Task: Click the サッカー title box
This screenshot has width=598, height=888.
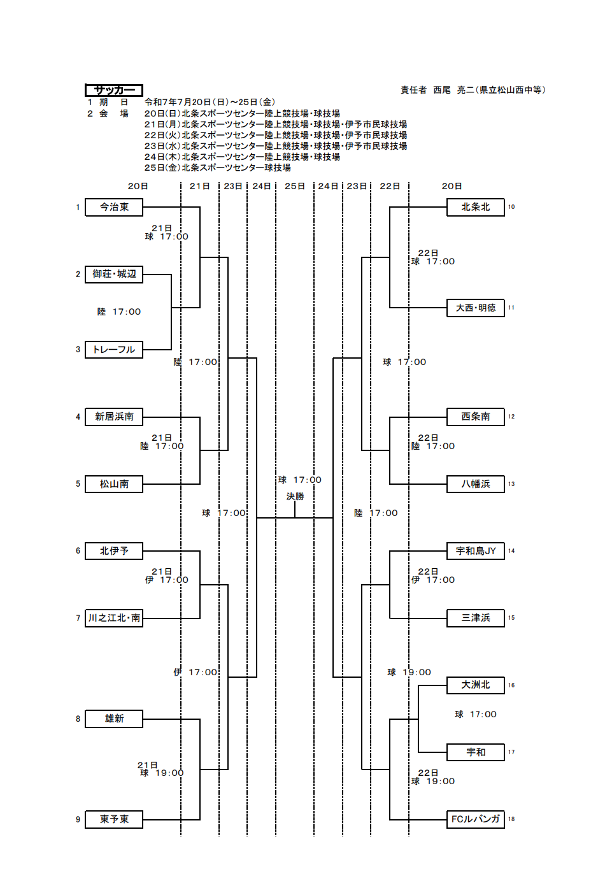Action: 114,90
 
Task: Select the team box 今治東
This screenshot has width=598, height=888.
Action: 114,207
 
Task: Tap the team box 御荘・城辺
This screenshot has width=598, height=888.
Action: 114,274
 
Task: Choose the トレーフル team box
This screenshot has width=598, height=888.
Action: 114,350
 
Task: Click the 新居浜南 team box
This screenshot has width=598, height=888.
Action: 114,417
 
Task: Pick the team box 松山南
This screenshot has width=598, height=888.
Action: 114,484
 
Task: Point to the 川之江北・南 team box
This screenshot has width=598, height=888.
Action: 114,618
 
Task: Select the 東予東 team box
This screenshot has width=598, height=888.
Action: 114,819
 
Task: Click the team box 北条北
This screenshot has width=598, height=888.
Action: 476,207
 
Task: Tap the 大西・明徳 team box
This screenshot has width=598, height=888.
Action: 476,308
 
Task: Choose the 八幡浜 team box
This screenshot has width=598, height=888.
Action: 476,484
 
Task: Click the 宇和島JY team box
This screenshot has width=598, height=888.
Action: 476,551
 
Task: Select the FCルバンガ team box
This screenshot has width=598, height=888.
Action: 476,819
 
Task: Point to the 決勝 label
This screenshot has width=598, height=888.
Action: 295,496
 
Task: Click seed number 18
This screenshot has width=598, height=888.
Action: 511,819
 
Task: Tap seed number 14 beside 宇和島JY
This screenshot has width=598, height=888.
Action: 511,550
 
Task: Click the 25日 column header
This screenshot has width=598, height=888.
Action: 295,186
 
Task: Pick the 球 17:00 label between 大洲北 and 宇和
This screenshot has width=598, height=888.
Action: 476,714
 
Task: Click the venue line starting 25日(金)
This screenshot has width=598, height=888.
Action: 218,168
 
